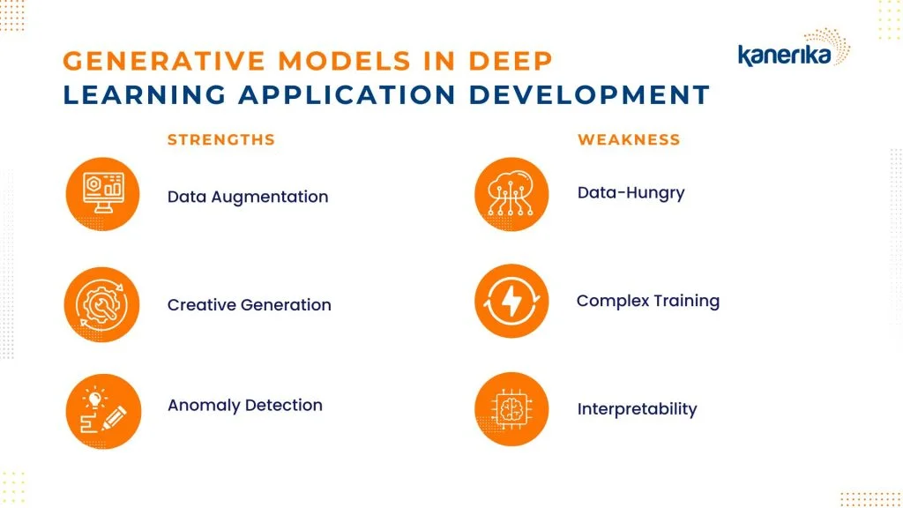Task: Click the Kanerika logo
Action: (794, 49)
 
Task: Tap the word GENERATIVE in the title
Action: (164, 61)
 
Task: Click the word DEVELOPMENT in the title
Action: (589, 95)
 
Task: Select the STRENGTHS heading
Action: (221, 140)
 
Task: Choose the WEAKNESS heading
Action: (629, 140)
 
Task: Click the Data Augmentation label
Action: (248, 197)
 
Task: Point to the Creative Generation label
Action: (250, 304)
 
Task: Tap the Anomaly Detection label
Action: (245, 406)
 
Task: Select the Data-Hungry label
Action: (631, 193)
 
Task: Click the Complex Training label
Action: (648, 302)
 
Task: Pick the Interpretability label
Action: (637, 409)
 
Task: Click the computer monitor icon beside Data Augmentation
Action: (102, 194)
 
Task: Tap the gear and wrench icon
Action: (102, 304)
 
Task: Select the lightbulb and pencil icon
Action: (103, 411)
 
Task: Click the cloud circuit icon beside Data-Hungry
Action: (511, 194)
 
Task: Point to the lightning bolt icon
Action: (511, 301)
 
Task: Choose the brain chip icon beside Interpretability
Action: (511, 409)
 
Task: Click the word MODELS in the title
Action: (345, 61)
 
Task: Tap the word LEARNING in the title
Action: (145, 95)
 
